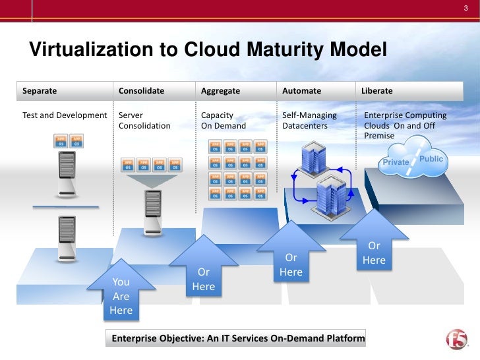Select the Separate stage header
click(x=40, y=90)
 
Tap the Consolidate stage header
click(x=141, y=90)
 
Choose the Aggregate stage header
click(x=220, y=90)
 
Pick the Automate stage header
click(x=301, y=90)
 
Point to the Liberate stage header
click(x=376, y=90)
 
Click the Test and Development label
click(x=65, y=115)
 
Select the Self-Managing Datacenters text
click(x=309, y=120)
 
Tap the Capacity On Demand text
click(x=223, y=120)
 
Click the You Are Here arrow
click(x=121, y=293)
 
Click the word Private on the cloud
click(x=396, y=162)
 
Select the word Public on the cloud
click(x=431, y=159)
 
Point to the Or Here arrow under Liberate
click(x=374, y=251)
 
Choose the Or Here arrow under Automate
click(x=291, y=263)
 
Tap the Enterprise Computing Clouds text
click(x=405, y=125)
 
